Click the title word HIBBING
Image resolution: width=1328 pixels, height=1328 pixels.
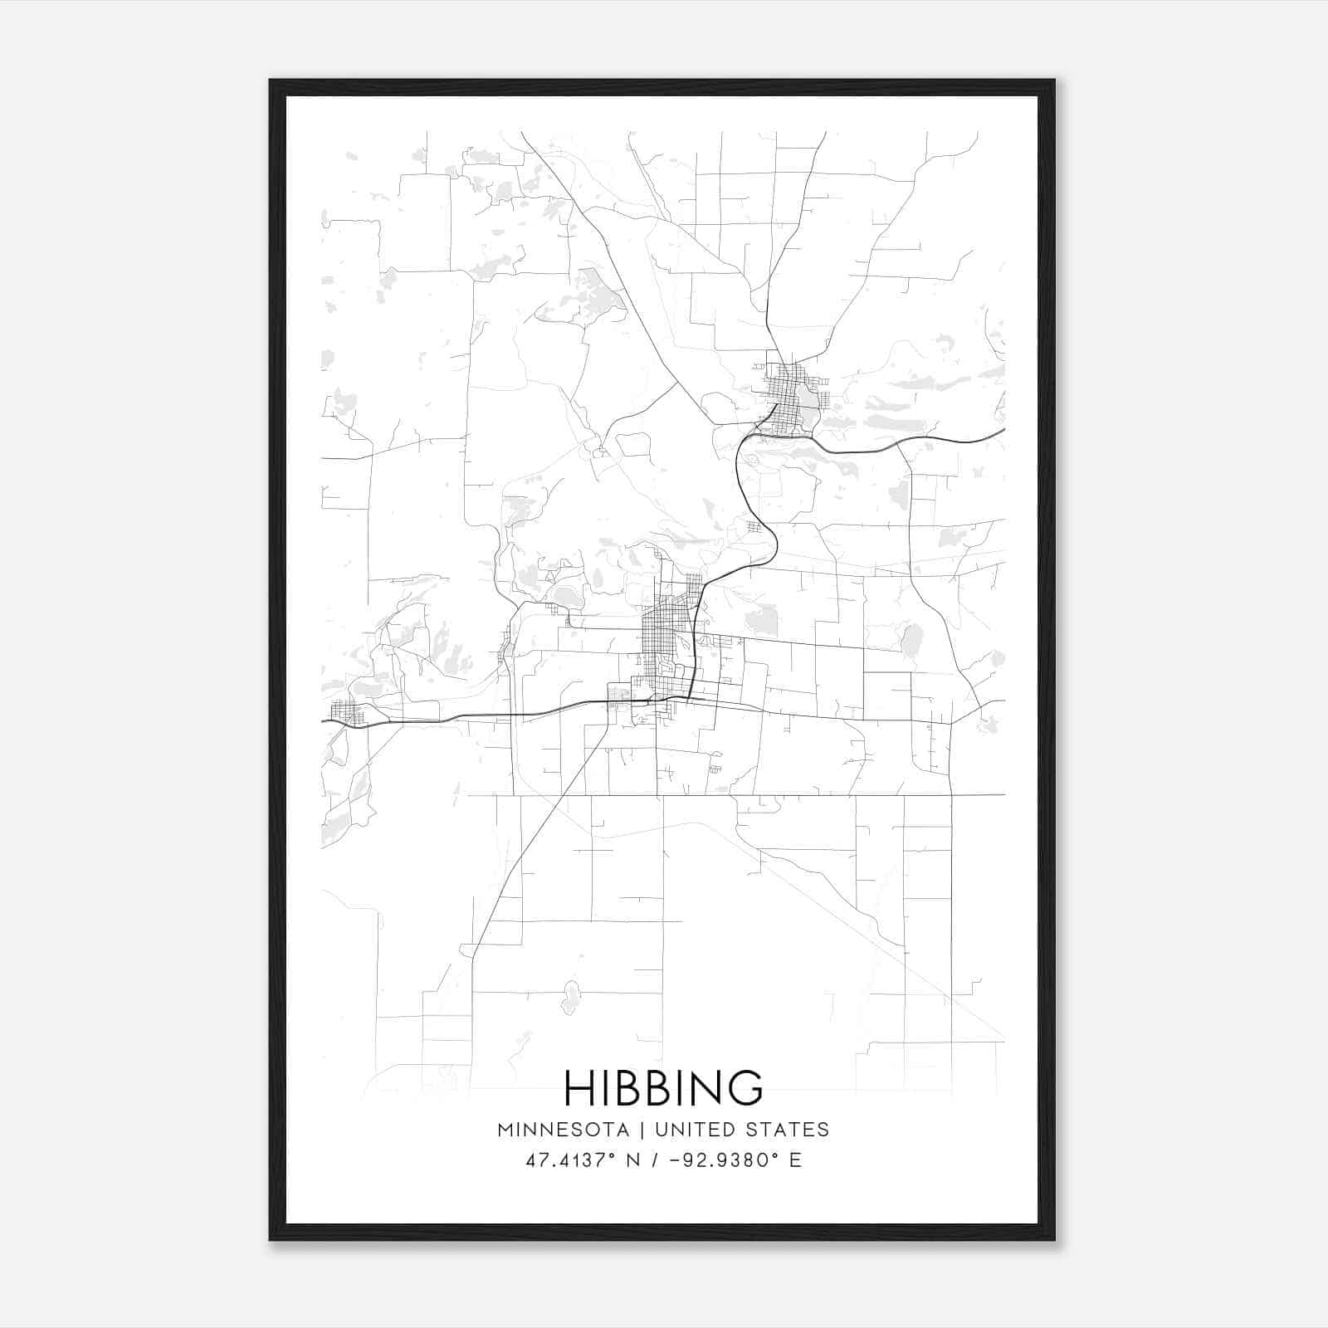point(663,1087)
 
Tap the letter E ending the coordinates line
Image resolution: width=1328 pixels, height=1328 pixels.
point(796,1160)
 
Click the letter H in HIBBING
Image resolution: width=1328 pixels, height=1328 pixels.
point(579,1087)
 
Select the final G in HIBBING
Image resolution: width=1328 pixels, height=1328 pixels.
point(747,1087)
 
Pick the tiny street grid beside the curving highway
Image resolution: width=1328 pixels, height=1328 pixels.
point(754,527)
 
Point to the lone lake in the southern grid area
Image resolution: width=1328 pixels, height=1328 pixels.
point(570,996)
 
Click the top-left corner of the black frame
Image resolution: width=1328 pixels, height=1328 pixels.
point(271,81)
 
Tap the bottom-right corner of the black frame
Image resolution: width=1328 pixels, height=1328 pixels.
point(1053,1239)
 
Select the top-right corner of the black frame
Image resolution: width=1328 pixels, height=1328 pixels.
point(1053,81)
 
